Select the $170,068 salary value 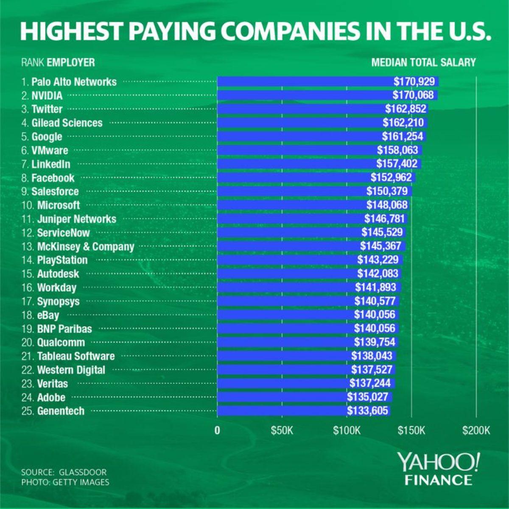(413, 95)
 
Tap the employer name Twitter (47, 109)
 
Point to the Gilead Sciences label (67, 123)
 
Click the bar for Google (297, 137)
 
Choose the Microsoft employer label (59, 205)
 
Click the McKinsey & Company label (86, 246)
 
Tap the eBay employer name (48, 315)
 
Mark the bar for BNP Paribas (284, 328)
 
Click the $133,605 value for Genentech (367, 411)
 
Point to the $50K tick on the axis (282, 431)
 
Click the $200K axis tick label (476, 431)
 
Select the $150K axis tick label (411, 431)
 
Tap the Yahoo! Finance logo (439, 468)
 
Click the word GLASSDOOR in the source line (83, 472)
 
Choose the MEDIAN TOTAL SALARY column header (423, 62)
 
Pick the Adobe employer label (51, 397)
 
